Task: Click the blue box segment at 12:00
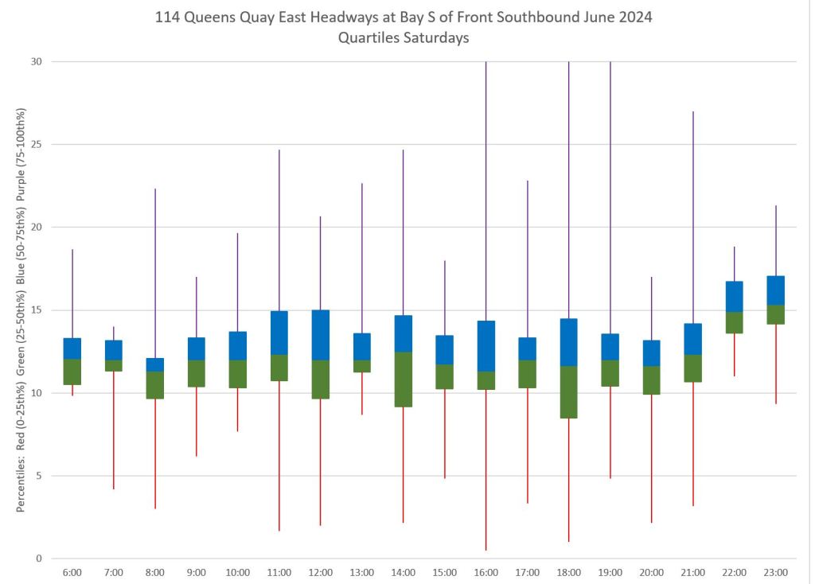coord(320,335)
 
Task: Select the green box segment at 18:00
coord(568,391)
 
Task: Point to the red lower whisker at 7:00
coord(114,430)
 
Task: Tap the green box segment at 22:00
coord(734,322)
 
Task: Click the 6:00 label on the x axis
coord(72,572)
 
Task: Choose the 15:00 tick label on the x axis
coord(444,572)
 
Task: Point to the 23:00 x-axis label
coord(775,572)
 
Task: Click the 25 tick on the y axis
coord(37,145)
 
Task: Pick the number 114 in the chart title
coord(170,17)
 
